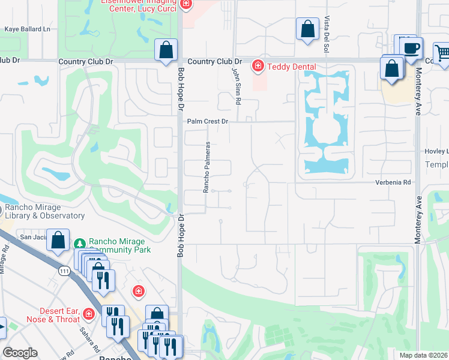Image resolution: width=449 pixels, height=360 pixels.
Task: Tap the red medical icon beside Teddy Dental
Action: (258, 65)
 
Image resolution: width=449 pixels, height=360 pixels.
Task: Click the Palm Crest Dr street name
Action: (208, 121)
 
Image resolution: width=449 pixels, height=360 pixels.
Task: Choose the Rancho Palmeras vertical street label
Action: (206, 167)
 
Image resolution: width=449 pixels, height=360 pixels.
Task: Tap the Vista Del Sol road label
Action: (327, 29)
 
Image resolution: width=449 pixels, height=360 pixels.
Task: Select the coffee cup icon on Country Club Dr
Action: (411, 49)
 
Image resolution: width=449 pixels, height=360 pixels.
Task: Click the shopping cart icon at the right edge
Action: (442, 53)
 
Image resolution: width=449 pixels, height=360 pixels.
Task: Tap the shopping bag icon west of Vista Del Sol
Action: (307, 29)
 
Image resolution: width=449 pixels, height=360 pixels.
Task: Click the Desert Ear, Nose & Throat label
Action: (51, 315)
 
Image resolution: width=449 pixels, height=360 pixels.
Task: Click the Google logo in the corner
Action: (20, 353)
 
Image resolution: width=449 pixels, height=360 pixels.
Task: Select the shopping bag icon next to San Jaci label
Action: (58, 240)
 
